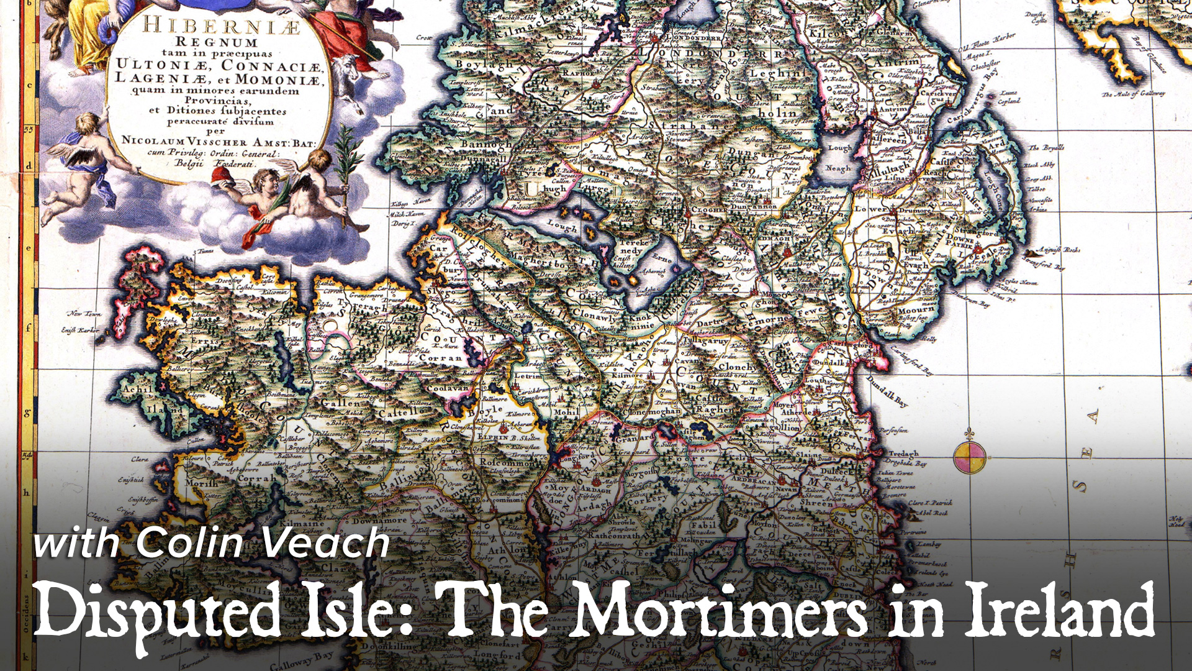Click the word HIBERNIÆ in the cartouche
[222, 27]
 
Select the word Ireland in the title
[1059, 612]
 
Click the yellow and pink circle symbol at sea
[969, 457]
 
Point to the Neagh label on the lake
[838, 168]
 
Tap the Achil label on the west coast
[137, 390]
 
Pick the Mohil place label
[566, 412]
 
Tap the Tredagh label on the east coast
[902, 454]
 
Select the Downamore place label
[380, 521]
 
